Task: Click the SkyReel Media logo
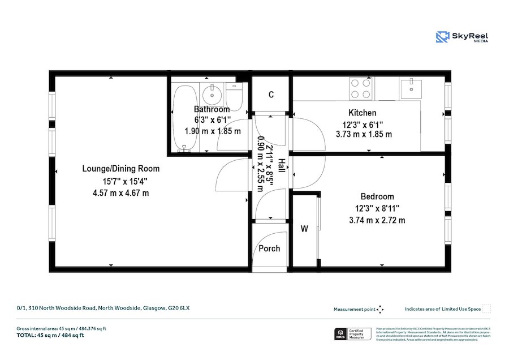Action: coord(462,37)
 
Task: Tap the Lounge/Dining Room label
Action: coord(121,168)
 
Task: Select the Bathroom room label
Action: coord(212,109)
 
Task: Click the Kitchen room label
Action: coord(362,113)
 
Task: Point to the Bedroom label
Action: coord(377,196)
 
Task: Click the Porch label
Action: coord(269,248)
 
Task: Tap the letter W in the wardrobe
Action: coord(304,229)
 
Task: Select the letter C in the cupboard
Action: coord(271,95)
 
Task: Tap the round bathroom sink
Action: coord(213,91)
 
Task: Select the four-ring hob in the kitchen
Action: coord(361,88)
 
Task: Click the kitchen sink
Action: coord(411,88)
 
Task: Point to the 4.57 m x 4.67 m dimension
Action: coord(121,193)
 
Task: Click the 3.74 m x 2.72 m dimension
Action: coord(377,220)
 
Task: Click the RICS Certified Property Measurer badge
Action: coord(353,334)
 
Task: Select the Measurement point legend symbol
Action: coord(380,309)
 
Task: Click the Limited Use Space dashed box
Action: coord(486,308)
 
